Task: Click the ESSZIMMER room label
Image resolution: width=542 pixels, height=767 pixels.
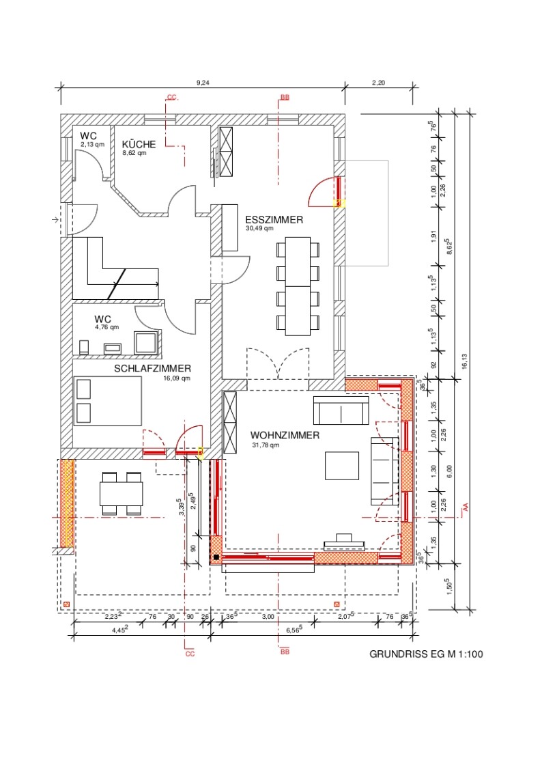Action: [274, 220]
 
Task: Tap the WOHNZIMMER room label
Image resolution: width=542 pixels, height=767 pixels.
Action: [285, 435]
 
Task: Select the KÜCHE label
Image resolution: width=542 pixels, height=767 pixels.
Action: [139, 144]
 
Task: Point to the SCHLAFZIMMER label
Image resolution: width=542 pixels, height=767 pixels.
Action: [152, 368]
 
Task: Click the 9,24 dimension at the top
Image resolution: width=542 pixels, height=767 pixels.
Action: [203, 83]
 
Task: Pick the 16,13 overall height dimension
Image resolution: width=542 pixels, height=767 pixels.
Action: [464, 361]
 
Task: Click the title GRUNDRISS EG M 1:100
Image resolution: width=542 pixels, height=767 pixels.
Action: [426, 654]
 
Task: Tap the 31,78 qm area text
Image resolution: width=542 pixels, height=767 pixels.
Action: [266, 445]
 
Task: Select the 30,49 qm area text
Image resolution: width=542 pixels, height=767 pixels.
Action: [259, 228]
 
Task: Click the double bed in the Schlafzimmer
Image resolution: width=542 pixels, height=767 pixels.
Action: [108, 400]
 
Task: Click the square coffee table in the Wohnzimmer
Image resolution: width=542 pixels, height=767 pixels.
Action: [342, 466]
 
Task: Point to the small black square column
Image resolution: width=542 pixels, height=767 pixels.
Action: [216, 557]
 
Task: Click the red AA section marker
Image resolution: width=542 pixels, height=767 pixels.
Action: [466, 507]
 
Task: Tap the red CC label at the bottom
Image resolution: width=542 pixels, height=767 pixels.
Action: [190, 654]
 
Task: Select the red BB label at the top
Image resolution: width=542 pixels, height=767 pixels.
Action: [285, 98]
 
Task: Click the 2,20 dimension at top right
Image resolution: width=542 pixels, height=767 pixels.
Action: [378, 83]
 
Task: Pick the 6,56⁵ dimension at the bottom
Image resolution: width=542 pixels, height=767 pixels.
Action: [294, 630]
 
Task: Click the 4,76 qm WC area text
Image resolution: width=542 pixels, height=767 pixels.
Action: [106, 327]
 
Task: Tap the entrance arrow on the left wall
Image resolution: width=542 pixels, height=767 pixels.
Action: [56, 220]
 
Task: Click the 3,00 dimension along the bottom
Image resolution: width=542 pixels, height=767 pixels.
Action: [268, 617]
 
